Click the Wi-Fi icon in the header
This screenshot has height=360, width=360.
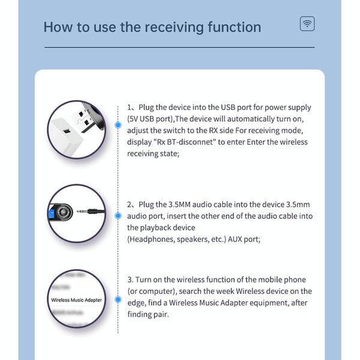(x=307, y=24)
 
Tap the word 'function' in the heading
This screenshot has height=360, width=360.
(x=232, y=28)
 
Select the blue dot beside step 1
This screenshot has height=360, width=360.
(x=118, y=125)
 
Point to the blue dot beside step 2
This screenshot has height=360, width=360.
(x=118, y=215)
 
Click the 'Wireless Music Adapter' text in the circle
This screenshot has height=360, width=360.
(x=77, y=299)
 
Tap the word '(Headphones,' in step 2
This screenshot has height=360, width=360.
(x=149, y=239)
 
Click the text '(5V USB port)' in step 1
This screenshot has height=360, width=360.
(x=152, y=119)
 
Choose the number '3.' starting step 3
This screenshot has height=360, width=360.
(x=130, y=280)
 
